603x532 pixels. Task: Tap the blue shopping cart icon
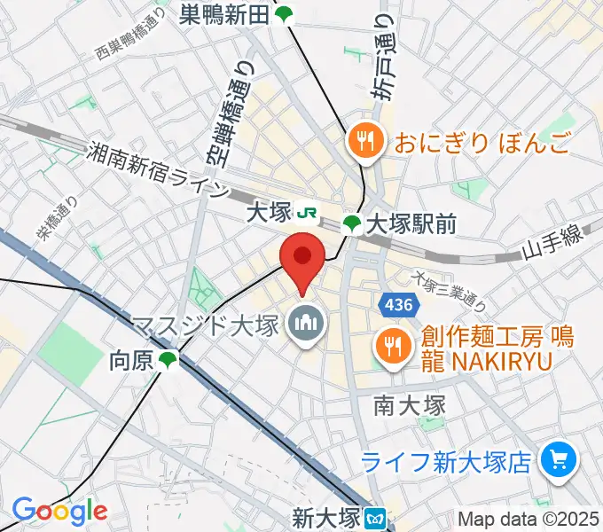pos(559,459)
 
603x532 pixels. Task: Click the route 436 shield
pos(398,305)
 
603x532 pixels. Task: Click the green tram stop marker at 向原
pos(168,360)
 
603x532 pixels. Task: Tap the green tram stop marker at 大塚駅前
pos(352,224)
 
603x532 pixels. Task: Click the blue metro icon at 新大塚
pos(377,516)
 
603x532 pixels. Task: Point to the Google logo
pos(59,511)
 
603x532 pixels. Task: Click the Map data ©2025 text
pos(529,518)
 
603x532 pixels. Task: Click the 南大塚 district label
pos(409,405)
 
